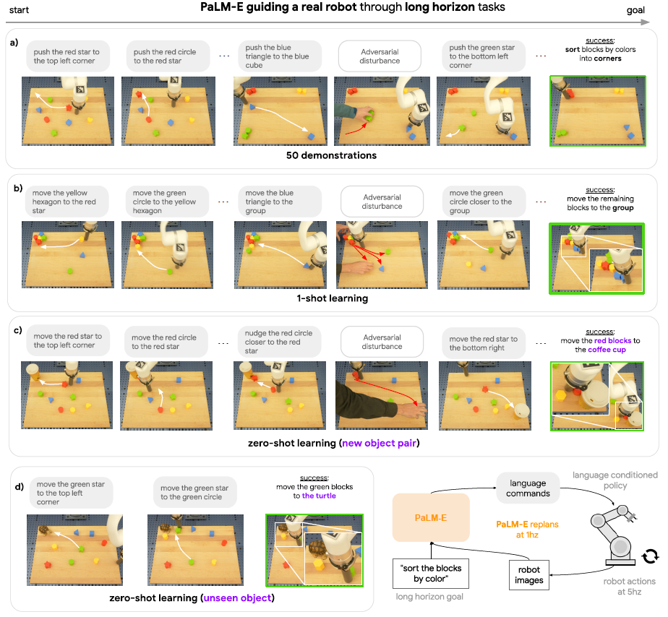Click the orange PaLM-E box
pos(431,518)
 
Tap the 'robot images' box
pos(529,574)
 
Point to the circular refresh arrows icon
pos(651,555)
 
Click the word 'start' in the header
pos(20,9)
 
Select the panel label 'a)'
pos(14,43)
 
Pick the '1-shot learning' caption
pos(332,298)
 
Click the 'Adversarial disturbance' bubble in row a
pos(380,56)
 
